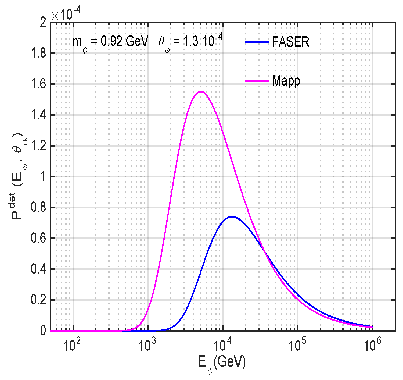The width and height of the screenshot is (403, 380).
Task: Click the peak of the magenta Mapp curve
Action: click(200, 92)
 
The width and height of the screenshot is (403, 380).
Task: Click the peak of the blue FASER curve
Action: click(232, 216)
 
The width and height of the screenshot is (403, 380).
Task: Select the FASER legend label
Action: click(290, 42)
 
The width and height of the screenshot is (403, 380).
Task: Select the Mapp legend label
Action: click(286, 81)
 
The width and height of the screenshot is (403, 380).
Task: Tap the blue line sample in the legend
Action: click(257, 42)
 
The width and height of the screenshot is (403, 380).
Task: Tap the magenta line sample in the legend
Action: click(257, 81)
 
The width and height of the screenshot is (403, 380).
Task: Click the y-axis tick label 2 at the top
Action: click(43, 23)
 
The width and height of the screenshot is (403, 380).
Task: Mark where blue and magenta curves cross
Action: click(265, 251)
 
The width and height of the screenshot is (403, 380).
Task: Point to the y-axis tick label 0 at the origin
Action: click(43, 331)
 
